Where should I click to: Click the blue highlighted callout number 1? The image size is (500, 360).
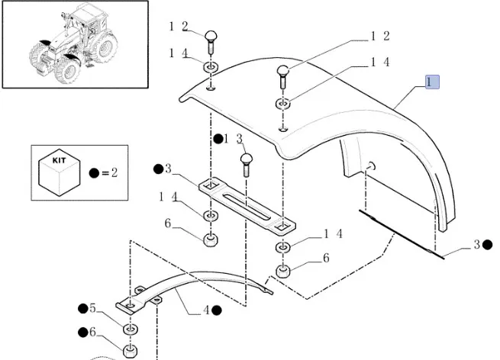pos(433,81)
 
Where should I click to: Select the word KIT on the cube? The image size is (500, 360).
pos(59,162)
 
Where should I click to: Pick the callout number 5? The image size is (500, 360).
pos(92,308)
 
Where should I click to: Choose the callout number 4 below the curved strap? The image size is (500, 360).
pos(205,310)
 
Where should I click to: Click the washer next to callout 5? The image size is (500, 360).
pos(131,329)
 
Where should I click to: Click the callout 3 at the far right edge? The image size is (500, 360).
pos(476,245)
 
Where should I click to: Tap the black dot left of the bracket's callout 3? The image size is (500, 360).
pos(158,169)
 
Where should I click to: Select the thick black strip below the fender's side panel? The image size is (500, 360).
pos(402,235)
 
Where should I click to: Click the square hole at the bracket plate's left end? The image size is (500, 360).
pos(208,185)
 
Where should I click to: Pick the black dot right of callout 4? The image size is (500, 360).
pos(217,310)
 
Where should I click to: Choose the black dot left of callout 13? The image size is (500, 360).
pos(218,139)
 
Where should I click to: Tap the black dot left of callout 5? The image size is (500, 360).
pos(82,308)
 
